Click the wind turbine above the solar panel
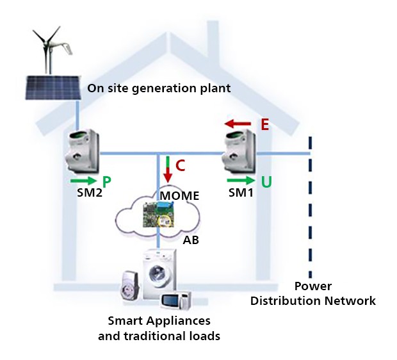[49, 45]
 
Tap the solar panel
[54, 88]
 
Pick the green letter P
[106, 182]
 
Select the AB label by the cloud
[191, 241]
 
